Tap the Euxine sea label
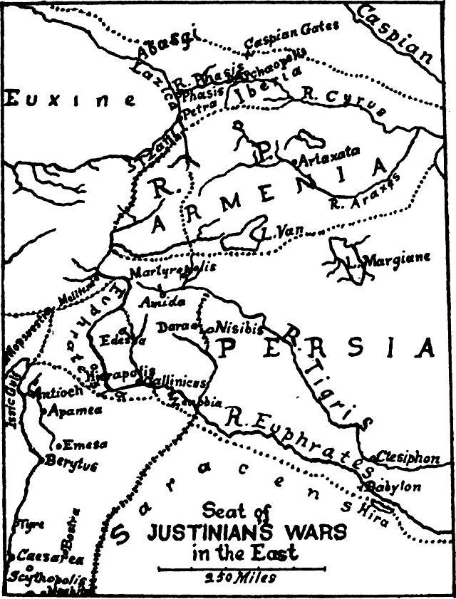coord(71,100)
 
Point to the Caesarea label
coord(41,555)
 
